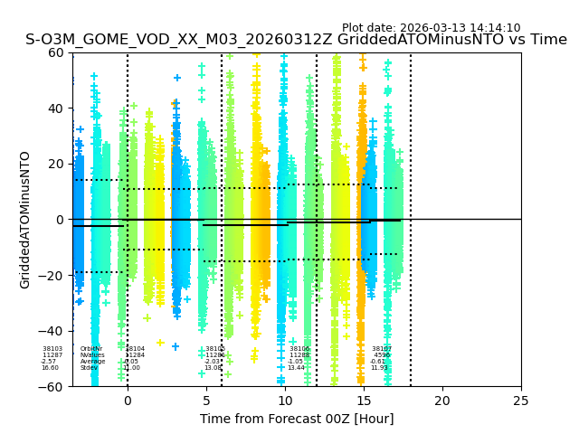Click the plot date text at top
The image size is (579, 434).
point(431,28)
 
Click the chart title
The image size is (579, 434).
point(296,40)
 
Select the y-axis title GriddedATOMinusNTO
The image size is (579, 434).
point(25,220)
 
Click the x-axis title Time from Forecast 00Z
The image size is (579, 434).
point(297,419)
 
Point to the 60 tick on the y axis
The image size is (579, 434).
point(57,52)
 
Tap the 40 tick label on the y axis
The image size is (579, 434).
point(57,108)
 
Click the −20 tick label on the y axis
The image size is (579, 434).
point(53,276)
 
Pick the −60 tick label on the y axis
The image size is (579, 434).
point(53,387)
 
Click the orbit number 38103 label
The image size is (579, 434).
point(52,349)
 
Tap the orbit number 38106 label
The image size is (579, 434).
point(299,349)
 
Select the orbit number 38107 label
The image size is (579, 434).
point(382,349)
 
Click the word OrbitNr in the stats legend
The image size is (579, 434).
point(91,349)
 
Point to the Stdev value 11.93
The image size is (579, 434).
point(379,368)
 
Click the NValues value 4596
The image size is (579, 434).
point(382,355)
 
